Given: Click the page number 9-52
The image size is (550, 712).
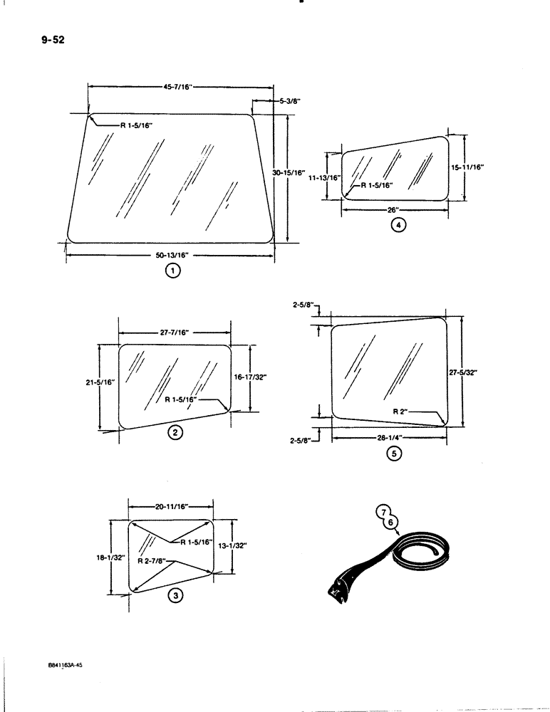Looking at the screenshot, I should coord(53,39).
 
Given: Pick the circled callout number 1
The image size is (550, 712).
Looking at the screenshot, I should coord(171,270).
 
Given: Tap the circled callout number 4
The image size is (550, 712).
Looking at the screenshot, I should coord(399,226).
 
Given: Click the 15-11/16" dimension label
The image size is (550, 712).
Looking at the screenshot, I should coord(468,167).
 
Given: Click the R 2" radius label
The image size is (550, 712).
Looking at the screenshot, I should coord(403,412).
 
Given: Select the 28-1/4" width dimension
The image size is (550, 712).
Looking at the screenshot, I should coord(389,438).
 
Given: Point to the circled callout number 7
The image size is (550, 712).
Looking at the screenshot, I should coord(383,512).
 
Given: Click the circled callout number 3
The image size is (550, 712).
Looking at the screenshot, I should coord(173,597).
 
